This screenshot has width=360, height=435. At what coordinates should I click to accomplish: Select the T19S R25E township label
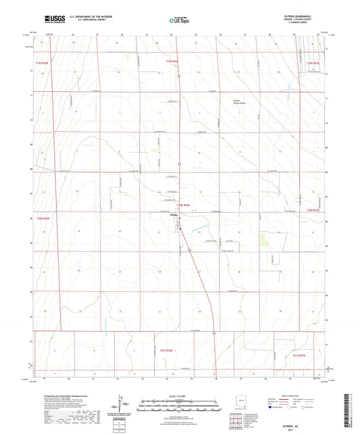coord(42,62)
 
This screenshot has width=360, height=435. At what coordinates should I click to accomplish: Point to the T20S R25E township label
coord(43,219)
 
